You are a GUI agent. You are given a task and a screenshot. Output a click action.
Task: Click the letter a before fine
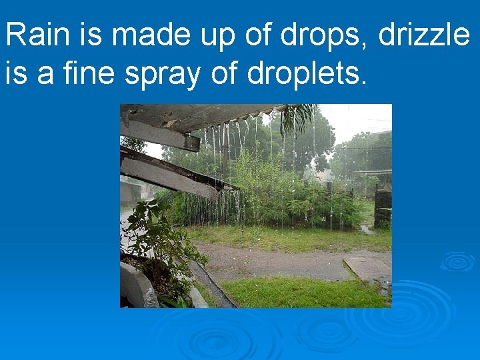[45, 76]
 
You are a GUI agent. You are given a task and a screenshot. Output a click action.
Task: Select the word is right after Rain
[89, 35]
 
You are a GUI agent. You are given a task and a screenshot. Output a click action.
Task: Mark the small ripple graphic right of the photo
[457, 261]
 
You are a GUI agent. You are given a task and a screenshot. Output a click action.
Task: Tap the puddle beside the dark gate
[366, 229]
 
